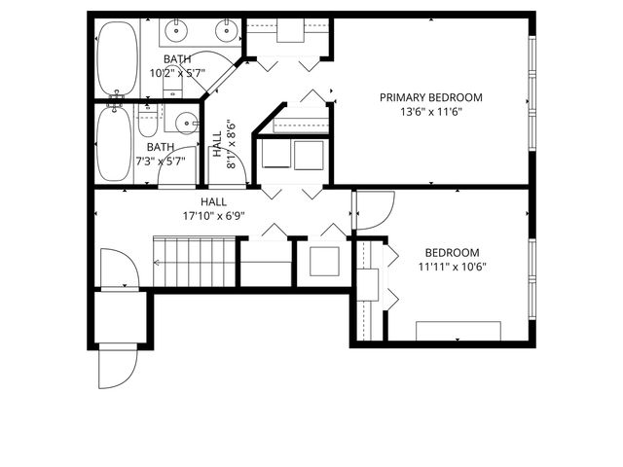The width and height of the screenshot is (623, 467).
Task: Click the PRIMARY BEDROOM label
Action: tap(430, 97)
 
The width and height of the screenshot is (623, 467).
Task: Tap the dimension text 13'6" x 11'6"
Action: tap(430, 111)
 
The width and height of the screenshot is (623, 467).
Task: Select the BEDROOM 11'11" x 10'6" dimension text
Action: tap(452, 267)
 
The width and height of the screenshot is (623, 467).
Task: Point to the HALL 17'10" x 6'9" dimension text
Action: tap(213, 215)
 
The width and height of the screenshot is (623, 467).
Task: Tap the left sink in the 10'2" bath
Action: tap(178, 32)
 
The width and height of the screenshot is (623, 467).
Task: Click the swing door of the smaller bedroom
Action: tap(375, 211)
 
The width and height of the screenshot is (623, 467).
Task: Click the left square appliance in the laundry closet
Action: tap(275, 156)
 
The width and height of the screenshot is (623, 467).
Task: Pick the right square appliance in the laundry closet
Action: tap(310, 156)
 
